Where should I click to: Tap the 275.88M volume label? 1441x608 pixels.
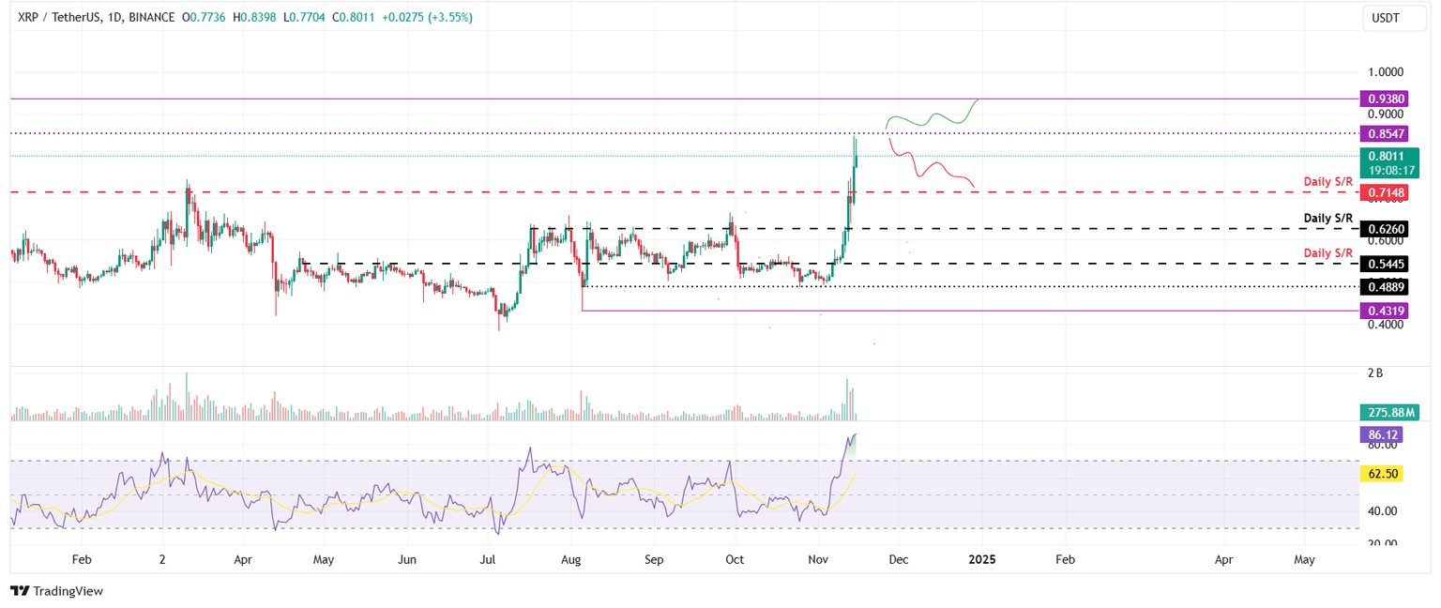point(1390,413)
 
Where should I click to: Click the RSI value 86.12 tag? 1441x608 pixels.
point(1385,434)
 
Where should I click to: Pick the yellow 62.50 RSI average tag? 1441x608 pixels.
point(1385,474)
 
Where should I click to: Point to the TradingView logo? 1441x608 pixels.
point(56,591)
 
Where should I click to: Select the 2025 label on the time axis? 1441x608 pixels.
point(982,559)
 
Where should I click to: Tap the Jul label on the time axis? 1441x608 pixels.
point(488,559)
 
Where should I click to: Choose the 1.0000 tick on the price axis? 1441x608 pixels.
point(1385,72)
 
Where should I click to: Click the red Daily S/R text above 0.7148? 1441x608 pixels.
point(1327,181)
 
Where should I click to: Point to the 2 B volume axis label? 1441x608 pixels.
point(1375,373)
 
